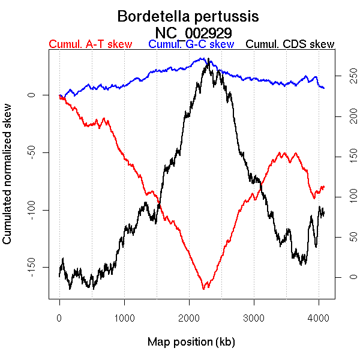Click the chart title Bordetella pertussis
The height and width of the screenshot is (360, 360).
(188, 16)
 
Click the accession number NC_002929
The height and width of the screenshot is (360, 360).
(194, 32)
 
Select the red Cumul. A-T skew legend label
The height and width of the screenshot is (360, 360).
(90, 45)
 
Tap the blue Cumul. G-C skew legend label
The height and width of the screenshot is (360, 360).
(191, 45)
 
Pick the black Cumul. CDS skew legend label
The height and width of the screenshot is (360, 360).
(290, 45)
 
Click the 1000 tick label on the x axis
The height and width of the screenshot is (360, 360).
(124, 318)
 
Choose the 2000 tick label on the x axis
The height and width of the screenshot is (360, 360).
(189, 318)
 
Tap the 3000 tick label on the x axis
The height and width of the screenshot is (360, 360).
(254, 318)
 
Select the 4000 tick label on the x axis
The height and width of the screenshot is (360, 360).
(319, 318)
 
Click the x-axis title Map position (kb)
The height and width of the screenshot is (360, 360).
(191, 343)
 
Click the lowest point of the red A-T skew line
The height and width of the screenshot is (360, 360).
(204, 289)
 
